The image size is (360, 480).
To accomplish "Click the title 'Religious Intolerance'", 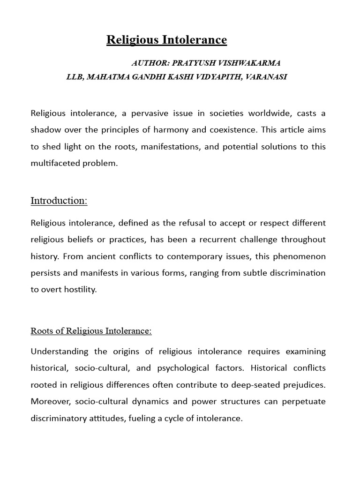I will point(166,40).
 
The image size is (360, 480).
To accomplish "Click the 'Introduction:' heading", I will point(59,201).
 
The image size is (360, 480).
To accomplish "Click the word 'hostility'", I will point(81,290).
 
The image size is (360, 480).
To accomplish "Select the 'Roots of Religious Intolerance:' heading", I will point(91,331).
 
